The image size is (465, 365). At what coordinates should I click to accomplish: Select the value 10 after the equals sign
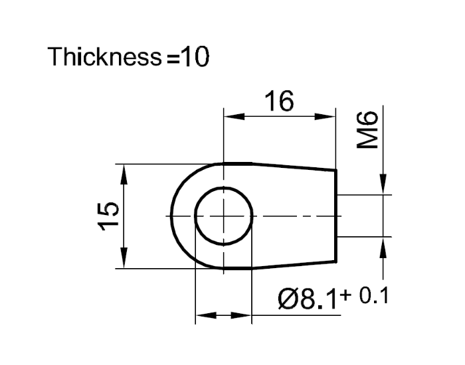click(x=195, y=58)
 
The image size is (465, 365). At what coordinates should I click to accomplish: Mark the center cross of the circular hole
click(x=225, y=216)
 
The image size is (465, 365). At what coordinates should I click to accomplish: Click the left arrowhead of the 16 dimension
click(x=232, y=117)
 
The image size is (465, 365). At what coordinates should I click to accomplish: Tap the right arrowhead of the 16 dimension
click(x=329, y=117)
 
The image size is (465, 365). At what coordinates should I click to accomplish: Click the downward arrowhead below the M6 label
click(x=383, y=186)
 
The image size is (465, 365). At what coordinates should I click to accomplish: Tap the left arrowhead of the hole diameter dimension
click(x=203, y=316)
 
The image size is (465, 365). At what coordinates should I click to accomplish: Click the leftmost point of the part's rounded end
click(x=171, y=216)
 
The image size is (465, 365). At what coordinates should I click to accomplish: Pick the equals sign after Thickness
click(x=173, y=59)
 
